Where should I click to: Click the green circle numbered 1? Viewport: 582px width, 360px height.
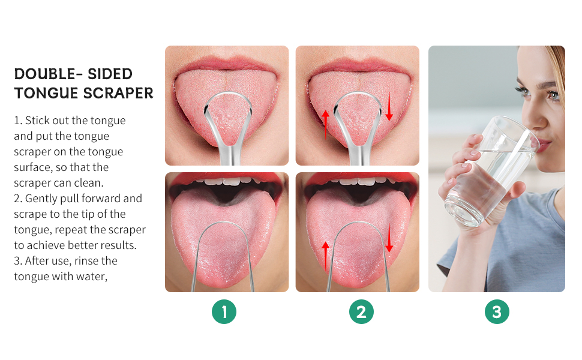224,312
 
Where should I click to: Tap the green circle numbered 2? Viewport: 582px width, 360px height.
361,312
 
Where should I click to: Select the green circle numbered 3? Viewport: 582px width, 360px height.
497,312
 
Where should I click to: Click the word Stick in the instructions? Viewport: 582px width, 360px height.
37,121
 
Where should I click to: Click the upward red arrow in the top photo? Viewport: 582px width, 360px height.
325,124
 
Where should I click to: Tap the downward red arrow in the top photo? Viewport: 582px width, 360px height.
389,106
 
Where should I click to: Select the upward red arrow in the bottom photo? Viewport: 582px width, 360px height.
325,255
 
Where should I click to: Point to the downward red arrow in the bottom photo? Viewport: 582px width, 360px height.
389,238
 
